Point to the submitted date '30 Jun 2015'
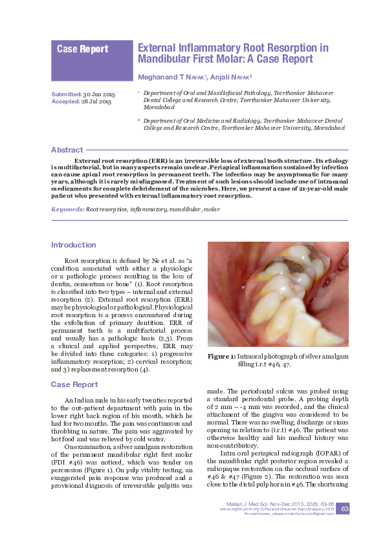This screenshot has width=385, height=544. [x=98, y=95]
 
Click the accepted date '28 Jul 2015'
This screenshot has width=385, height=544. [x=96, y=102]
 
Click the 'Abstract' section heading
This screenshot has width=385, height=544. [x=67, y=149]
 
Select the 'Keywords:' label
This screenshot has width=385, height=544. [x=67, y=210]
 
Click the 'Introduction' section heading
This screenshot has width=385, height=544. [x=73, y=245]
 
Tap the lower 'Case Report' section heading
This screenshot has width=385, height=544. [x=74, y=384]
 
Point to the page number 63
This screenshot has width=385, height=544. [x=345, y=510]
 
